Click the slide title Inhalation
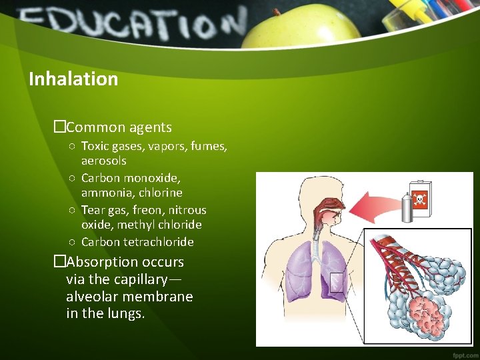(x=73, y=79)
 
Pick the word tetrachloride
(x=159, y=241)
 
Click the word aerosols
(x=103, y=161)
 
